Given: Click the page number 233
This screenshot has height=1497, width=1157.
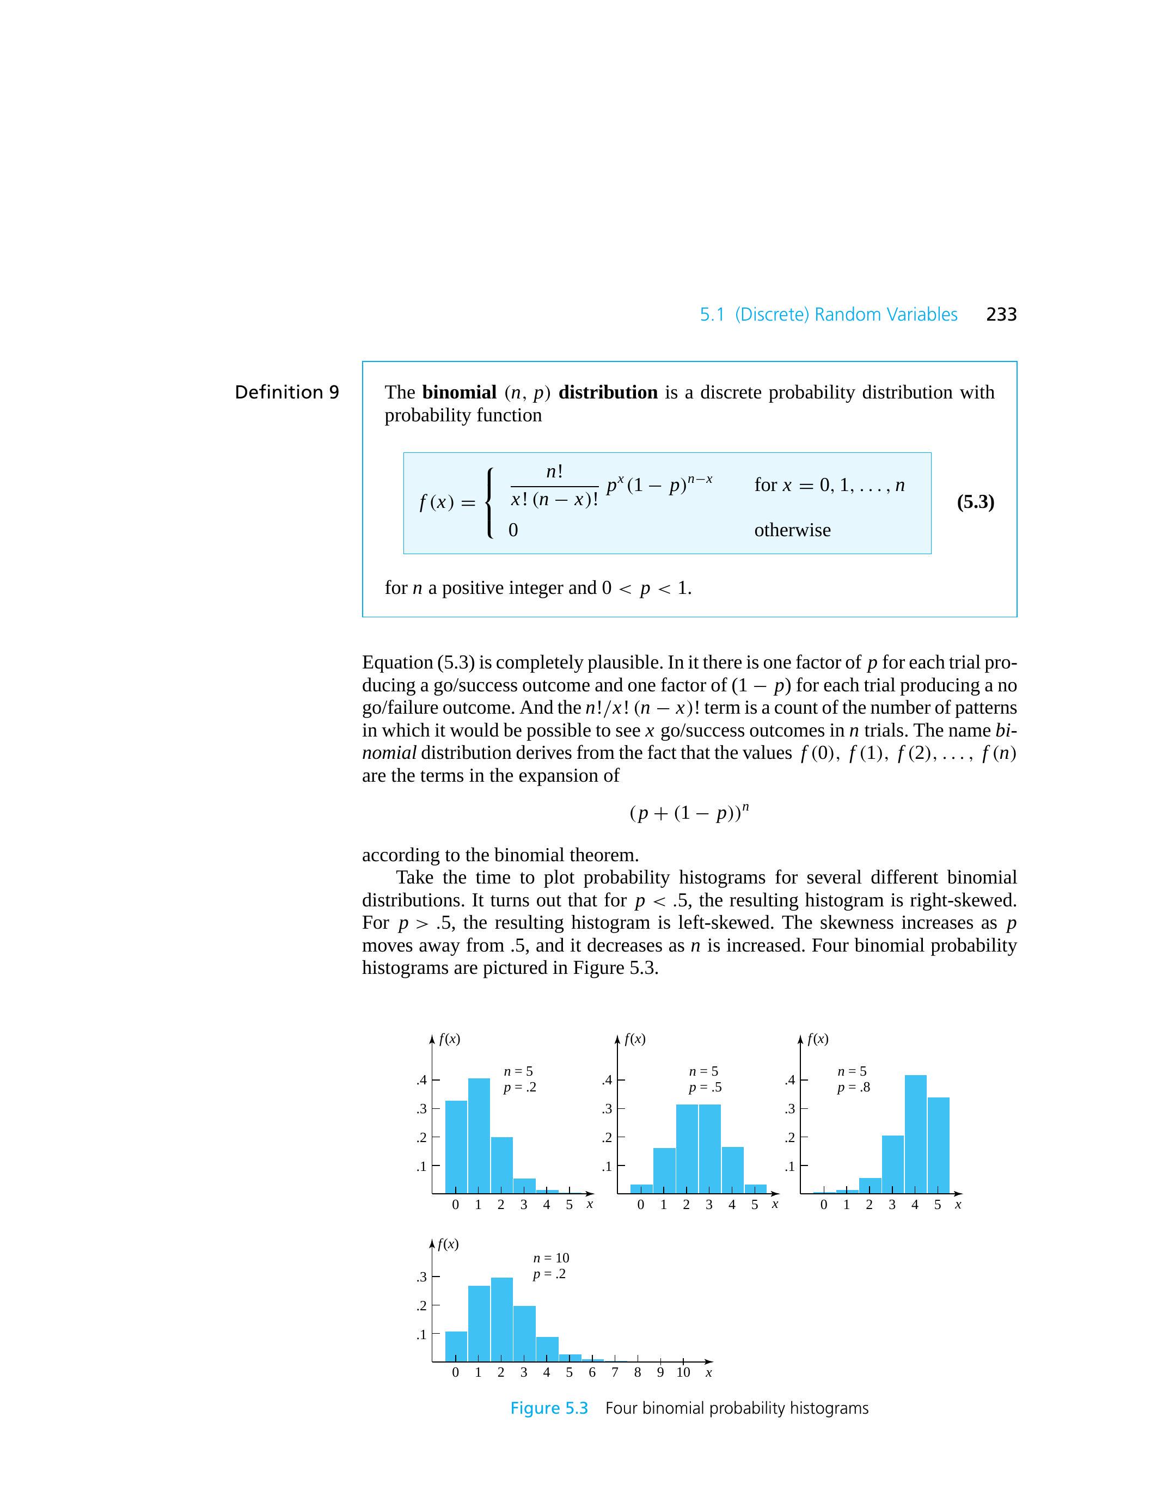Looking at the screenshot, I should coord(1001,315).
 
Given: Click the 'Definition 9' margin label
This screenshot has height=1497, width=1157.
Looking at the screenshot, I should coord(286,392).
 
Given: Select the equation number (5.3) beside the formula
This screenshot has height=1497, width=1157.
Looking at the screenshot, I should coord(975,502).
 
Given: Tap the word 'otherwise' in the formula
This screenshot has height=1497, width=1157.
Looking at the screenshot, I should coord(792,530).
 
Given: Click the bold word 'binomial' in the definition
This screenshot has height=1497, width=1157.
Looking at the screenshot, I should coord(458,392).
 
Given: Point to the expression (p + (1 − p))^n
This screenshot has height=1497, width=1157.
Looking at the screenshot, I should coord(689,813).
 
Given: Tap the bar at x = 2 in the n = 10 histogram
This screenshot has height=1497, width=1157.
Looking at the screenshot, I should coord(502,1319).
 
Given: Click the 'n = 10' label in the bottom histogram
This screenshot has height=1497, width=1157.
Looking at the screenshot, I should coord(551,1258).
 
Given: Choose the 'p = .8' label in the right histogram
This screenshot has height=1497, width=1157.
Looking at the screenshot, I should coord(853,1087).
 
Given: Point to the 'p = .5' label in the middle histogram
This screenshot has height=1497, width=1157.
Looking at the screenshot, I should coord(705,1087).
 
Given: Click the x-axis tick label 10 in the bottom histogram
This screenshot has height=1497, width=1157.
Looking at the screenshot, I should coord(683,1372).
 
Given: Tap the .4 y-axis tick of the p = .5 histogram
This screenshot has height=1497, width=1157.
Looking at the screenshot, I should coord(607,1080).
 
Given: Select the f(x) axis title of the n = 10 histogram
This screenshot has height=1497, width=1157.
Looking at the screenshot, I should coord(448,1244).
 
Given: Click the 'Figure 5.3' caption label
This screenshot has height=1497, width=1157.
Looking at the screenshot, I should coord(549,1408).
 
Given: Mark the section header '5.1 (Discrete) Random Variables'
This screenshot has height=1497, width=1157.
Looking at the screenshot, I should coord(828,315).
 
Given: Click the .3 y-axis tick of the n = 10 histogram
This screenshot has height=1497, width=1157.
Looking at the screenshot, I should coord(421,1277).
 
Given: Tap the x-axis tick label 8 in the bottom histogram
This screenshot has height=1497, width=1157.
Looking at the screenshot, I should coord(638,1372).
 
